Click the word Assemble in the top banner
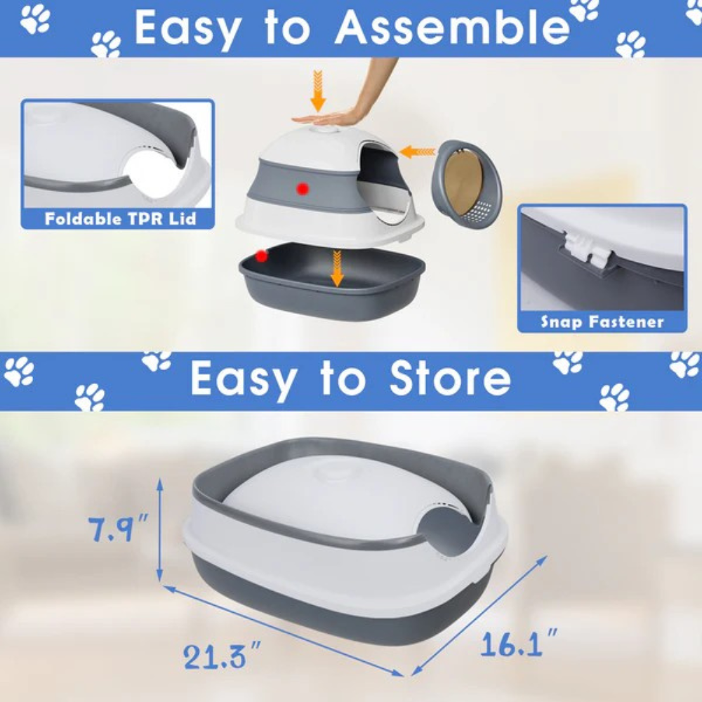[451, 28]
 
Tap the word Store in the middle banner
[450, 378]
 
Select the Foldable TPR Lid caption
[120, 218]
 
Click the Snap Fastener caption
[602, 322]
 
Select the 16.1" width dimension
[519, 642]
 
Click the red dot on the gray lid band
[303, 189]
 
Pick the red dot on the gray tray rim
[261, 256]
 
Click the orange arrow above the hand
[318, 91]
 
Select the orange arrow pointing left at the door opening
[417, 152]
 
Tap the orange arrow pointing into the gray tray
[337, 268]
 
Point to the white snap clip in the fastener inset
[585, 253]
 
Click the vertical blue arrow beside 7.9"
[159, 529]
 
